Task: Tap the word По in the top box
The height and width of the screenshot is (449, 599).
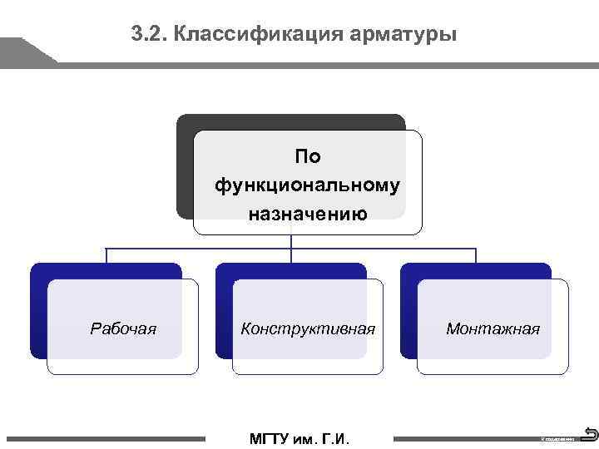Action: click(308, 156)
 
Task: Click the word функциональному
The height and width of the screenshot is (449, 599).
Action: click(308, 185)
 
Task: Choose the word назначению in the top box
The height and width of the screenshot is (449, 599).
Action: click(308, 213)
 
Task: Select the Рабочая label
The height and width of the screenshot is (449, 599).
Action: click(123, 328)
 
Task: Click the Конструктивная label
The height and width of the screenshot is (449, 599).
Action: click(308, 328)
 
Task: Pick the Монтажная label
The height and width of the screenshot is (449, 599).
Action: click(493, 328)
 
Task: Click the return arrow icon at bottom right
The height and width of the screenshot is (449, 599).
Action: click(591, 433)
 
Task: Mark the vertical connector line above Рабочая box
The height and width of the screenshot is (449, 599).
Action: click(106, 255)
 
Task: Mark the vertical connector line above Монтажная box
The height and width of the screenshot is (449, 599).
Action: click(475, 255)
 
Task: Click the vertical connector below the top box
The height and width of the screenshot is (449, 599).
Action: click(290, 241)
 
